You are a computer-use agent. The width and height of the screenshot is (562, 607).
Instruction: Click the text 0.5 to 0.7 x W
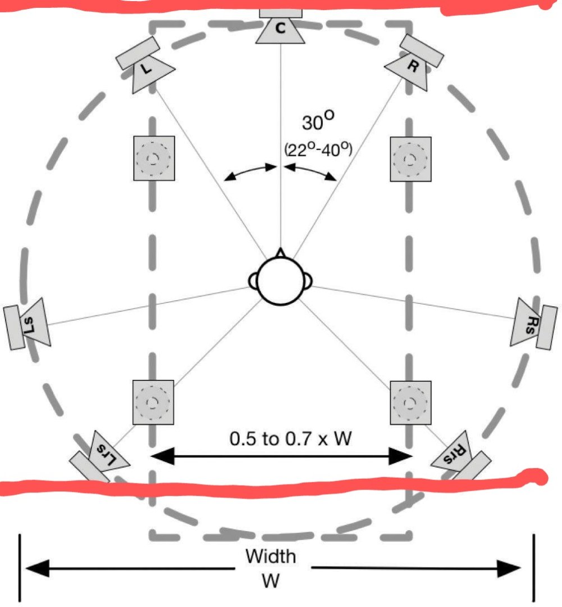[290, 438]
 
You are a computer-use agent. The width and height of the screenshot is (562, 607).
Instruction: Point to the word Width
[270, 556]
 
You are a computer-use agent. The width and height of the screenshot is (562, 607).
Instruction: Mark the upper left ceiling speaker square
[154, 158]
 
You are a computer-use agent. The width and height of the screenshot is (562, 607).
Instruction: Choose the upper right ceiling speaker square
[410, 158]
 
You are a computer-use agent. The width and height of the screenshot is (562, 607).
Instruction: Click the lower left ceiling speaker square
[153, 402]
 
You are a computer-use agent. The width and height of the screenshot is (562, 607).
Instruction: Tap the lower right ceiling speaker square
[410, 402]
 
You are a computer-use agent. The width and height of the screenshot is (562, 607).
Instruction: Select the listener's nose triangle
[281, 253]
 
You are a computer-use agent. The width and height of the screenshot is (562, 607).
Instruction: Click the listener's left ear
[253, 280]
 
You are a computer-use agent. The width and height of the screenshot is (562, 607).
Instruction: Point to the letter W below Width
[270, 581]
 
